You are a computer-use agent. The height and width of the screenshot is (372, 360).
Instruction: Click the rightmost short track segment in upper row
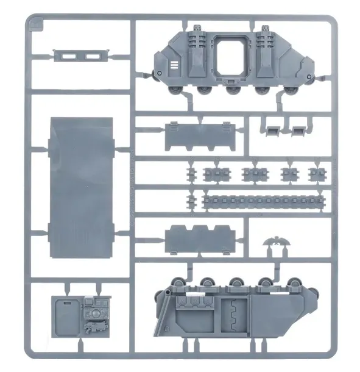point(316,173)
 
